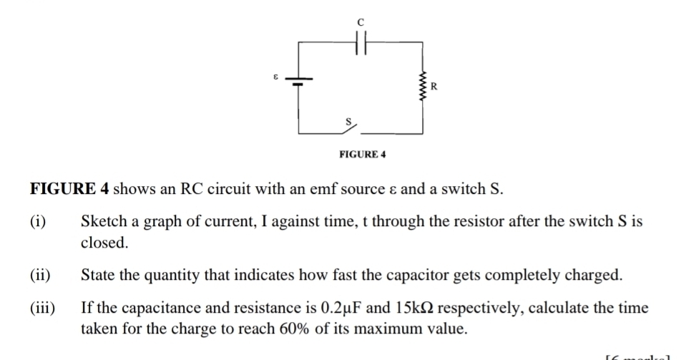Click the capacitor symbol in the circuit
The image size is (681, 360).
click(361, 43)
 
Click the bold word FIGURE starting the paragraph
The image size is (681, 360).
click(61, 189)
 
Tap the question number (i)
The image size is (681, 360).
click(39, 222)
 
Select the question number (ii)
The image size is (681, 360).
click(40, 276)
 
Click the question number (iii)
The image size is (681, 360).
click(42, 308)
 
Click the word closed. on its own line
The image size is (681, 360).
click(104, 243)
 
